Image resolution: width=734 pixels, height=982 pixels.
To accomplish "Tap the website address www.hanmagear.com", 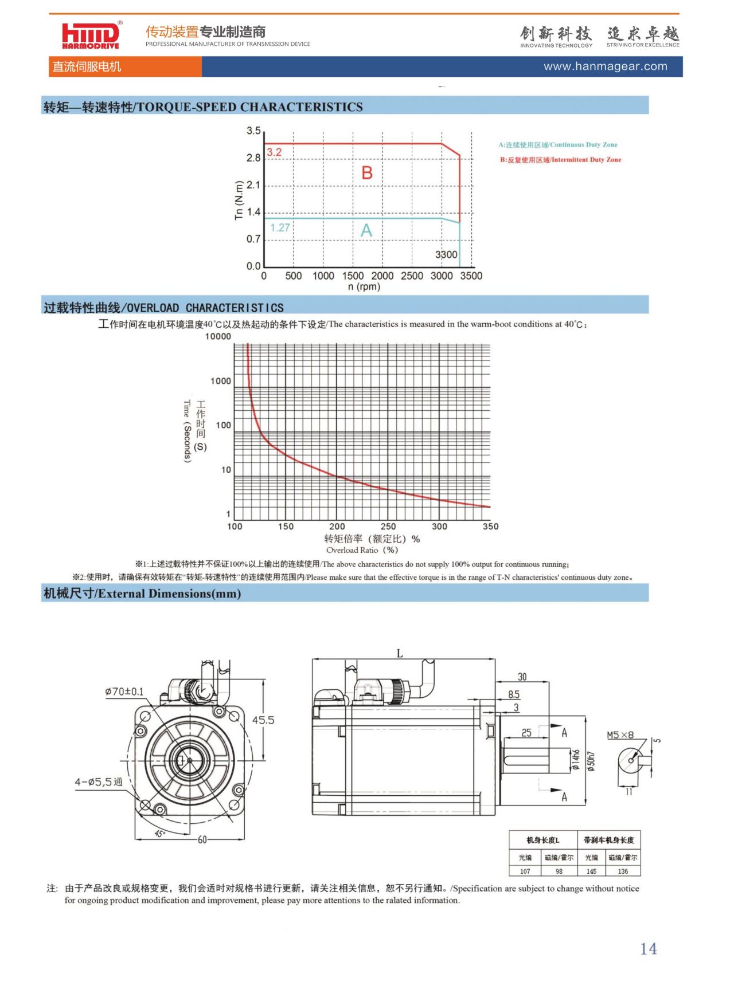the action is tap(606, 66).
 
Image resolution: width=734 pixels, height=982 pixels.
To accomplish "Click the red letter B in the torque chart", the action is tap(367, 172).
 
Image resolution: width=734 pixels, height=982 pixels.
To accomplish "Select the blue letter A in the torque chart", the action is tap(366, 230).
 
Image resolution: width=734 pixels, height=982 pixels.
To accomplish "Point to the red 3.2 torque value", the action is tap(274, 152).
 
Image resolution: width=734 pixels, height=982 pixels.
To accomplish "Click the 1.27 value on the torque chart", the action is tap(280, 227).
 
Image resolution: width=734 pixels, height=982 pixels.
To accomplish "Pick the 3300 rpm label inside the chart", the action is tap(446, 254).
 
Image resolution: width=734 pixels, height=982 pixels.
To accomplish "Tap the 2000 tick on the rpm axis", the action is tap(382, 276).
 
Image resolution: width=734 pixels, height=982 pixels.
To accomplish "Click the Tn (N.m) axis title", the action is tap(239, 200).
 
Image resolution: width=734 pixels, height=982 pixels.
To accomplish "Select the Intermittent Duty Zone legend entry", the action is tap(560, 160).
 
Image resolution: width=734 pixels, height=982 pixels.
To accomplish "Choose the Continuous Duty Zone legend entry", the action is tap(558, 145).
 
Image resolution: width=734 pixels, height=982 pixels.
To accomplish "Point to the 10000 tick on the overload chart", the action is tap(218, 336).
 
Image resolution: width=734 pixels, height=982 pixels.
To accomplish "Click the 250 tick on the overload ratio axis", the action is tap(388, 526).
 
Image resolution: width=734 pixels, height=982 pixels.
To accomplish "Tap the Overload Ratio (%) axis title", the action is tap(362, 550).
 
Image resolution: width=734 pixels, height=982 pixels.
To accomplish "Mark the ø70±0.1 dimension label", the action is tap(124, 692).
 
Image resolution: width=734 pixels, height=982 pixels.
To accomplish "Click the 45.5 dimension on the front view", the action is tap(263, 720).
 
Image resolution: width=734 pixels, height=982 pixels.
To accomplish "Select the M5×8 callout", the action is tap(620, 735).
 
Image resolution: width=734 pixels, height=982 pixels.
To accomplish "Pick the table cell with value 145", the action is tap(591, 871).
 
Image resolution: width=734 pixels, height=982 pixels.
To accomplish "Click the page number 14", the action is tap(649, 949).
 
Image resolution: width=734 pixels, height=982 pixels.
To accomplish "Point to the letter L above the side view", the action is tap(400, 653).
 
